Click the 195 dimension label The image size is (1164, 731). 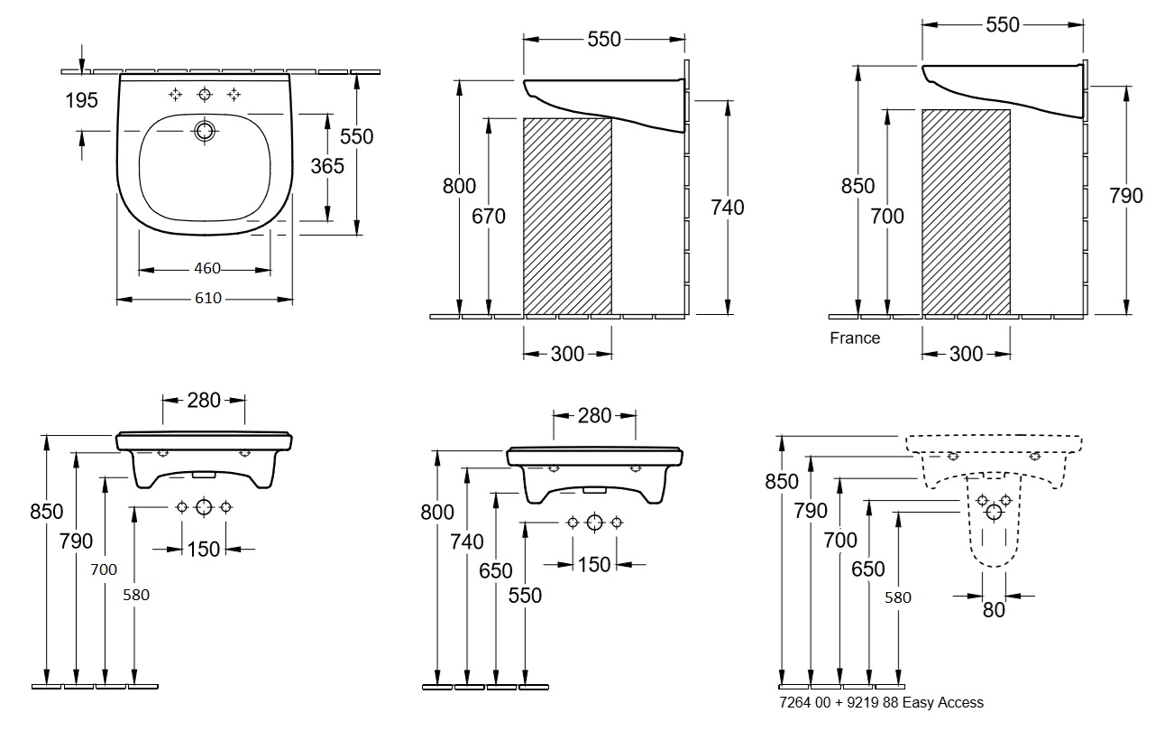81,100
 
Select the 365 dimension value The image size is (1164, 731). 327,166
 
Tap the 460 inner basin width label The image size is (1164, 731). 207,268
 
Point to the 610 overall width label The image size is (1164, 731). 208,298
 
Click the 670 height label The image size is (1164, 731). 489,216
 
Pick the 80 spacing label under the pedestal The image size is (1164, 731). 994,610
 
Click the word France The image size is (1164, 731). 855,338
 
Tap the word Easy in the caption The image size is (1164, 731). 918,702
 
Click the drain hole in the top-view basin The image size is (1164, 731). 205,131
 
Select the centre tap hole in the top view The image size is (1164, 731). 205,94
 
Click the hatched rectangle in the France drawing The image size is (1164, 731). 966,212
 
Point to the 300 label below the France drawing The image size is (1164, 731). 966,354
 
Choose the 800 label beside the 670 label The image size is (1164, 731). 459,186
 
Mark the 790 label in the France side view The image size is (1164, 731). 1126,196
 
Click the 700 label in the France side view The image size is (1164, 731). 887,216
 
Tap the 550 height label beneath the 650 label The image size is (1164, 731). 525,596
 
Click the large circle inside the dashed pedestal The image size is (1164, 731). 994,512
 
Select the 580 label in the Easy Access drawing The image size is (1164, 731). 898,597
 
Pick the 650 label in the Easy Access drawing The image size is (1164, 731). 867,569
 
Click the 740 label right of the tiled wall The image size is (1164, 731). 728,208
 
